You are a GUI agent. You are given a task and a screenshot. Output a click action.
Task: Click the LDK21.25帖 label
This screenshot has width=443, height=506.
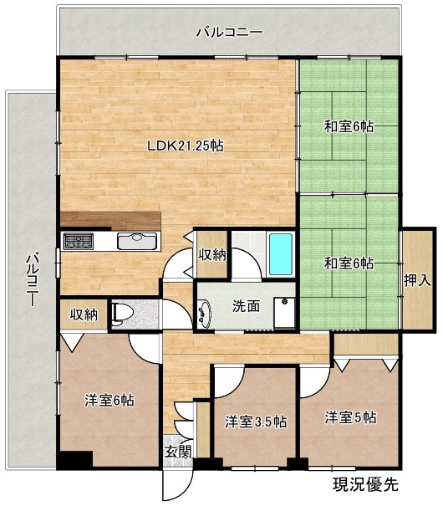(x=185, y=146)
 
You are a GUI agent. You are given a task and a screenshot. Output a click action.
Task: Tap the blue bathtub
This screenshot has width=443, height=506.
(x=281, y=254)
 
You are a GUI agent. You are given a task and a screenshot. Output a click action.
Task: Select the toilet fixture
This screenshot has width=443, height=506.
(x=122, y=313)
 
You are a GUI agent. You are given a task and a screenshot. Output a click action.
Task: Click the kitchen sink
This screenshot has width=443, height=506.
(x=137, y=241)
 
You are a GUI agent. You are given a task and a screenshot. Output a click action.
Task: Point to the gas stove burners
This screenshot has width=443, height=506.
(x=79, y=242)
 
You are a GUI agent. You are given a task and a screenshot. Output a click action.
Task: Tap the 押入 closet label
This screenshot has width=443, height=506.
(x=417, y=281)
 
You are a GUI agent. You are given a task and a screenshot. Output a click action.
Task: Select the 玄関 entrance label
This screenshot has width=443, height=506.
(x=179, y=452)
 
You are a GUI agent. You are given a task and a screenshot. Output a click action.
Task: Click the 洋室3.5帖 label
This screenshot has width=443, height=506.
(x=256, y=422)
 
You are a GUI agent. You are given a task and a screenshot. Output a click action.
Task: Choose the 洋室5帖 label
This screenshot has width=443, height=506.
(x=350, y=417)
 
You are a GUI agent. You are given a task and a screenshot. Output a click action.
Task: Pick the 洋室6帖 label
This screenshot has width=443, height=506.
(x=109, y=401)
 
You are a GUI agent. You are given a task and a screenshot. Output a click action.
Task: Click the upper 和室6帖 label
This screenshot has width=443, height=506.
(x=349, y=125)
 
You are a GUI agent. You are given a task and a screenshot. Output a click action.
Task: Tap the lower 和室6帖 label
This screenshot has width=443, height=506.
(x=349, y=263)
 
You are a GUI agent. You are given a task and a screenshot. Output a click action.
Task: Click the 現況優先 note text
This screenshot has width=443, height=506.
(x=365, y=484)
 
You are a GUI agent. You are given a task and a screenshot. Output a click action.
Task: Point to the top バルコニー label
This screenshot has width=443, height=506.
(x=230, y=33)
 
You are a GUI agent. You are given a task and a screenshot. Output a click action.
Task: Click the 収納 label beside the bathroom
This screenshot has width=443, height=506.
(x=211, y=255)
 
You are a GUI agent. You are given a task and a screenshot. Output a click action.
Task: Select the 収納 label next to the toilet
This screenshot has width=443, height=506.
(x=84, y=314)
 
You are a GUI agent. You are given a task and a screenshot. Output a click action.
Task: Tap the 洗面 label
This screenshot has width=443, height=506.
(x=246, y=306)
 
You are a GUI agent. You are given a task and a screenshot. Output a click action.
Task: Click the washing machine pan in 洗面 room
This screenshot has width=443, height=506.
(x=284, y=313)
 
